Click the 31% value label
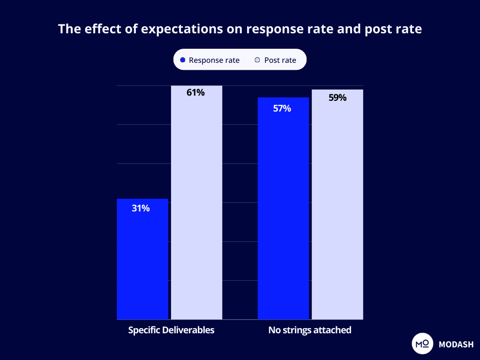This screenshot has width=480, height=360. coord(141,209)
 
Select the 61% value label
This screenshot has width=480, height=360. coord(195,92)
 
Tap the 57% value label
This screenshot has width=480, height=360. coord(282,109)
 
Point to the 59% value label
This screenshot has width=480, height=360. coord(337,98)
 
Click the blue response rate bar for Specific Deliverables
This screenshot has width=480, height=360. coord(142,262)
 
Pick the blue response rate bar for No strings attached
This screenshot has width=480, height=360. coord(283,211)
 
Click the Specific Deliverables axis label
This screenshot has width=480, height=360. coord(171,330)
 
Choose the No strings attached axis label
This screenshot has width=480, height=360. coord(310,330)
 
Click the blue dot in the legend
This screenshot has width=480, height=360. coord(183,60)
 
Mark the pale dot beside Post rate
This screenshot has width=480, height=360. coord(257,60)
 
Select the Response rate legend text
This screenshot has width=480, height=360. coord(214,60)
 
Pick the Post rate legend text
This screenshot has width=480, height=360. coord(280,60)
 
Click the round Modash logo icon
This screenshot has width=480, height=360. coord(421,344)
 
